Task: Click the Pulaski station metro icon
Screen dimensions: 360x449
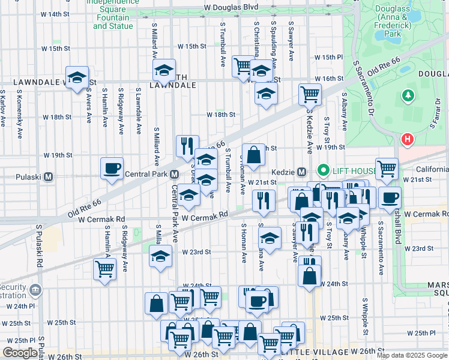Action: [49, 177]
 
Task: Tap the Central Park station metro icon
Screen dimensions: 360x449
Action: [174, 175]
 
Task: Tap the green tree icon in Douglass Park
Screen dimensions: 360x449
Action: [408, 95]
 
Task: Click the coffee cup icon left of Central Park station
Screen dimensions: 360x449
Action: [112, 169]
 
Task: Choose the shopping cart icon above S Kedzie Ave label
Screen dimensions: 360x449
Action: [310, 94]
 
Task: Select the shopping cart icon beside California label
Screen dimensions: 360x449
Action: [387, 169]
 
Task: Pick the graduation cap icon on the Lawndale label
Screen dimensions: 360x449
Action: [77, 77]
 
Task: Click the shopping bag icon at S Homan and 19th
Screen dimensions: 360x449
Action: [254, 155]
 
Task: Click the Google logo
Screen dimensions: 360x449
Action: [20, 353]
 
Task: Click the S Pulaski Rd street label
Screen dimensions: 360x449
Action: [38, 246]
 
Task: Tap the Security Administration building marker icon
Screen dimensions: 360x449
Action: [35, 291]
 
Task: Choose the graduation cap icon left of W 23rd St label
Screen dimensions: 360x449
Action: [160, 256]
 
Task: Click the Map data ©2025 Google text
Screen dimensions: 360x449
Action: [412, 355]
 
